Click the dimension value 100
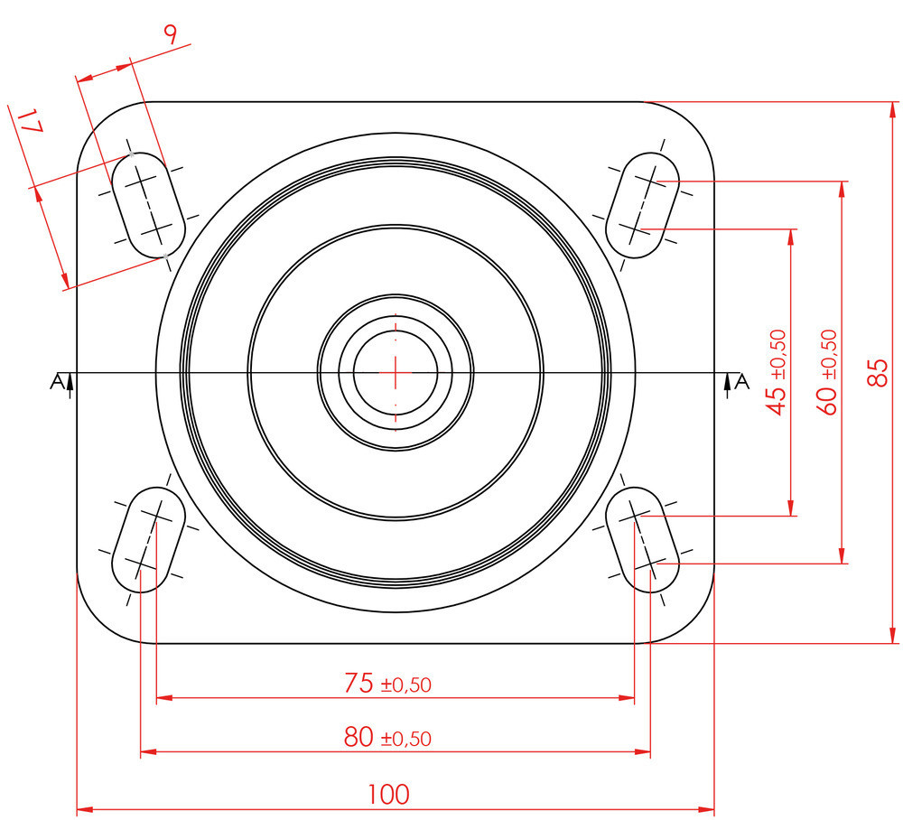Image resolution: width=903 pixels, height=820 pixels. [x=388, y=795]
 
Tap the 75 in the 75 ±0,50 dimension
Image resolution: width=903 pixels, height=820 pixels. [x=358, y=684]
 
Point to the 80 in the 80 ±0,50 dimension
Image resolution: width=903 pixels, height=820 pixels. [x=358, y=738]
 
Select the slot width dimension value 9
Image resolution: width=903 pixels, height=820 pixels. [x=170, y=34]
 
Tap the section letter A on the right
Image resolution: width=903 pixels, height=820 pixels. [x=742, y=382]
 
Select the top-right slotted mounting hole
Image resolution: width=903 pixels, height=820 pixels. [x=643, y=204]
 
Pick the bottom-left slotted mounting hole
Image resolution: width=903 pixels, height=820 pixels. [x=147, y=539]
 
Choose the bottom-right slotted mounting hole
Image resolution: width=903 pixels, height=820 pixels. [x=643, y=539]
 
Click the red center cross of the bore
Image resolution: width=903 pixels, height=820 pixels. [x=396, y=371]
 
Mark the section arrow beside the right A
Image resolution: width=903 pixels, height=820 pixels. [x=728, y=386]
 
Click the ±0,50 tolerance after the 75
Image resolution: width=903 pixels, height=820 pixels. [x=405, y=685]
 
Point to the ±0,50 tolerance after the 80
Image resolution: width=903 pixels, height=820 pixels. [x=405, y=740]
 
